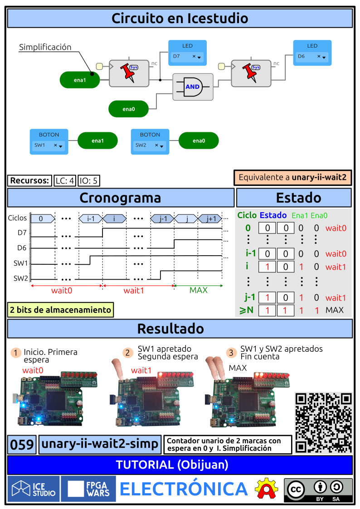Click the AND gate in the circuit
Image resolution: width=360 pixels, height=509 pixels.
pyautogui.click(x=193, y=87)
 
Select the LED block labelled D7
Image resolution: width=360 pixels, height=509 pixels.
pyautogui.click(x=188, y=53)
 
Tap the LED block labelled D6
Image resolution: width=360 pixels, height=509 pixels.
pyautogui.click(x=312, y=53)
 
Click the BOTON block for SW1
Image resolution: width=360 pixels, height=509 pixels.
pyautogui.click(x=49, y=141)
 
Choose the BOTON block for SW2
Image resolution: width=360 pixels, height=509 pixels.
pyautogui.click(x=150, y=141)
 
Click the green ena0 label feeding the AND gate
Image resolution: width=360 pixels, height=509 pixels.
pyautogui.click(x=129, y=109)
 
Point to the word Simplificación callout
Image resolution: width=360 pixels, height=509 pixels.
pyautogui.click(x=45, y=47)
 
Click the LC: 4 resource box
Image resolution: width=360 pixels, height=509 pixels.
pyautogui.click(x=64, y=181)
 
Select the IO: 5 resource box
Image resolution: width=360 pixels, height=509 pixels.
pyautogui.click(x=89, y=181)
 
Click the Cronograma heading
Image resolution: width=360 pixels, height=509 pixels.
pyautogui.click(x=120, y=198)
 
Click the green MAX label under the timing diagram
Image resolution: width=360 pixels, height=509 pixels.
pyautogui.click(x=198, y=290)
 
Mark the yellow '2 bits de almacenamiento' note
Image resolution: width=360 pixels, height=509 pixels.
pyautogui.click(x=60, y=310)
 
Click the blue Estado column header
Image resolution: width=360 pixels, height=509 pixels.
pyautogui.click(x=273, y=215)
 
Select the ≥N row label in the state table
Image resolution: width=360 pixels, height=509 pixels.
pyautogui.click(x=247, y=310)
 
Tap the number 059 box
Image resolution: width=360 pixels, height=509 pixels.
pyautogui.click(x=22, y=445)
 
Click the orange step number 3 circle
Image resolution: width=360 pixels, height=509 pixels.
pyautogui.click(x=232, y=353)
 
